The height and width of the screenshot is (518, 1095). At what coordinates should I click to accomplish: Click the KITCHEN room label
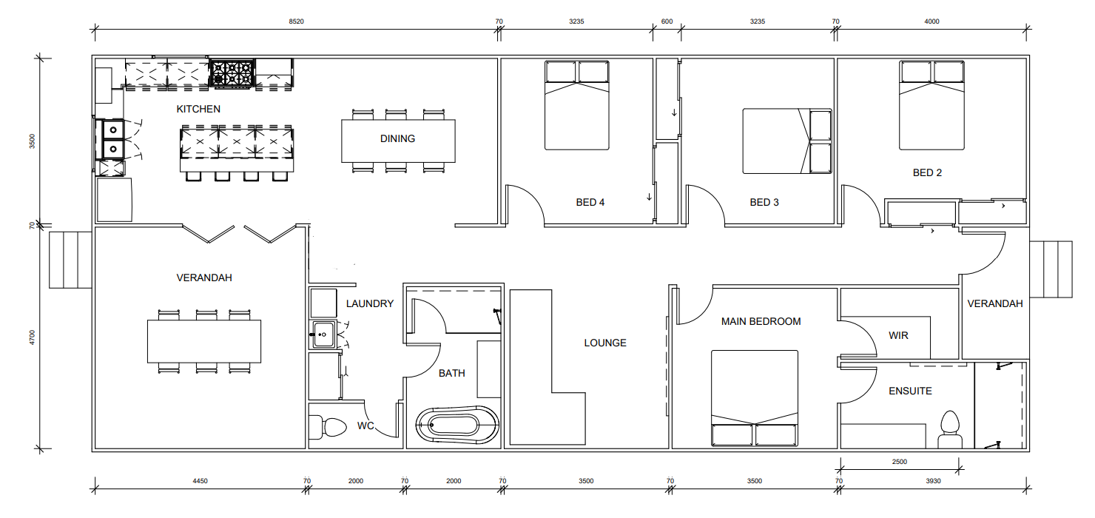point(198,109)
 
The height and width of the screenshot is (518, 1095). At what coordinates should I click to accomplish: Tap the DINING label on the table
point(397,139)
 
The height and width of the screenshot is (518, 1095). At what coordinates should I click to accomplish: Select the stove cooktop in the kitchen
point(232,73)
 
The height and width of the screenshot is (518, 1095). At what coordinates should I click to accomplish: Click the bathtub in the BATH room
point(457,425)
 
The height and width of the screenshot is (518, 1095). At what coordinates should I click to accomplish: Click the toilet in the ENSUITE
point(950,429)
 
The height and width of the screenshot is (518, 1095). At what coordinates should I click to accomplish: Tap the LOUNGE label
point(605,343)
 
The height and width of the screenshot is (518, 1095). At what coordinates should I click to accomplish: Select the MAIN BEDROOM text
point(761,321)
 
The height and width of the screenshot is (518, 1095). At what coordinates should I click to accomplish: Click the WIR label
point(898,335)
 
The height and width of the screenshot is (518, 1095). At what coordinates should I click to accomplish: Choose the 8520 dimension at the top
point(296,21)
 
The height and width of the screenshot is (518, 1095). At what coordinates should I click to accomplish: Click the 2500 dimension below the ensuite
point(900,462)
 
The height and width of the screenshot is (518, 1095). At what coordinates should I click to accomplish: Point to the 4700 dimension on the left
point(33,337)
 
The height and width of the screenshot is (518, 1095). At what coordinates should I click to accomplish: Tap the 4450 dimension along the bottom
point(200,481)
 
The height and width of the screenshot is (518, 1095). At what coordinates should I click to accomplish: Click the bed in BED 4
point(577,105)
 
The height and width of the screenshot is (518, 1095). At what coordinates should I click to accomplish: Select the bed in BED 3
point(787,141)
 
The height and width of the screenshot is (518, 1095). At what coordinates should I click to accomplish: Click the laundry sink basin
point(323,334)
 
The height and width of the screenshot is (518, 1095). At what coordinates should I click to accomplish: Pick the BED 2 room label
point(927,172)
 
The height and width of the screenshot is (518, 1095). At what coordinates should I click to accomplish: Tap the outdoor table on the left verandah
point(204,341)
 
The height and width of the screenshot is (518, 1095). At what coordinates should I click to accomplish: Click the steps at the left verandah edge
point(70,260)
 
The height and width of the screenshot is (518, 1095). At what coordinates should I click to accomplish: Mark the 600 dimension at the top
point(667,21)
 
